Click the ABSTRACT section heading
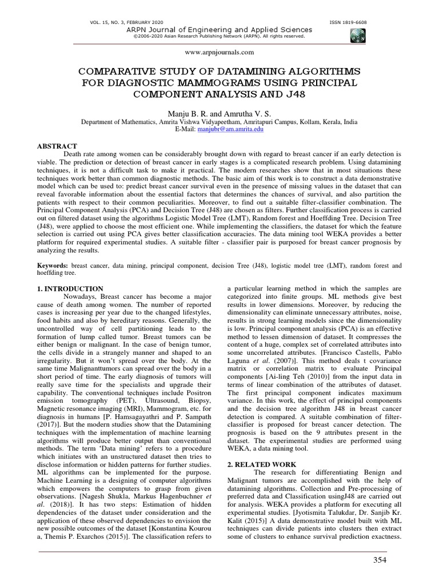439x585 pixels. [57, 147]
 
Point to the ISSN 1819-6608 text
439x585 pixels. [348, 22]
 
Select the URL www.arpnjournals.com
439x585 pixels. [219, 52]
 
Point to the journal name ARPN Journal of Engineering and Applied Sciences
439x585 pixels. [219, 30]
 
